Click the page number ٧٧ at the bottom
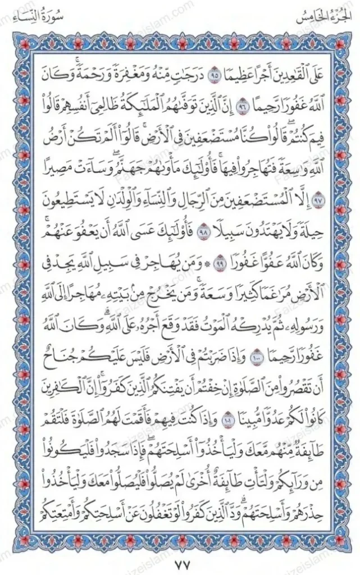180,563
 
